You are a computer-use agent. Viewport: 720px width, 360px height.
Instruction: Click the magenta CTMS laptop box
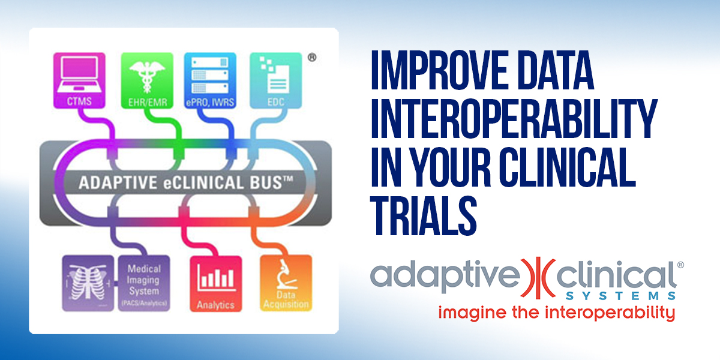tap(79, 80)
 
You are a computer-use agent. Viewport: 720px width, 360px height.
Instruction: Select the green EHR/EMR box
tap(147, 80)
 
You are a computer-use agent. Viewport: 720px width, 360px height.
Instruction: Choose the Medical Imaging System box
tap(144, 283)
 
